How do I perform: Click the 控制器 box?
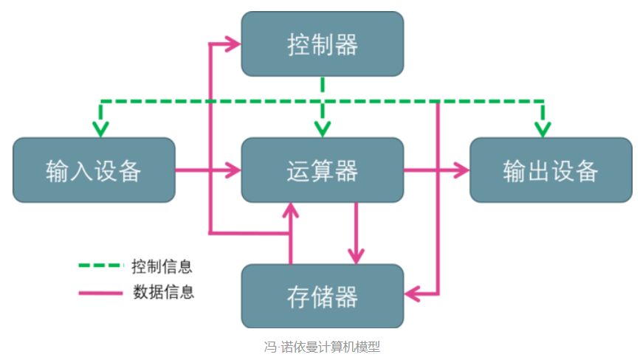[x=323, y=44]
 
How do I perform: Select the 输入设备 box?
[x=94, y=170]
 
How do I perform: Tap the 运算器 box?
[x=323, y=170]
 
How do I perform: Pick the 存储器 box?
[x=323, y=297]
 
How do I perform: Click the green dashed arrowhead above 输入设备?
[x=100, y=129]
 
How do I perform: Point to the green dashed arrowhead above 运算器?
[x=323, y=129]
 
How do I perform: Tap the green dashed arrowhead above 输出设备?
[x=543, y=129]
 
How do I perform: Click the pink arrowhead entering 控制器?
[x=234, y=44]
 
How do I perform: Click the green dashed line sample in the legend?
[x=100, y=266]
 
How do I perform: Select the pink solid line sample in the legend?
[x=100, y=292]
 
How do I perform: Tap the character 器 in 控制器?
[x=345, y=44]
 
